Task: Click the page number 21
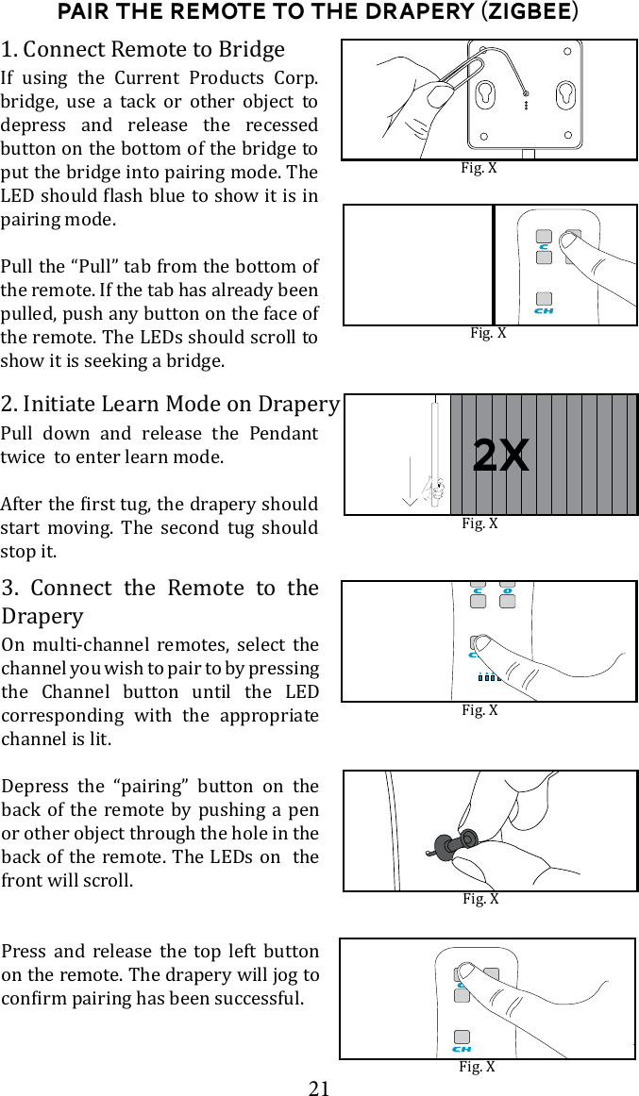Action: click(x=319, y=1088)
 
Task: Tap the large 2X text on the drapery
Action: click(x=500, y=457)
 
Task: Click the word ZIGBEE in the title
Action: click(x=529, y=12)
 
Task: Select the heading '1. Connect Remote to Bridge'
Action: click(x=143, y=49)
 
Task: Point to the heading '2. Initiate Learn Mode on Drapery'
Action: click(x=170, y=404)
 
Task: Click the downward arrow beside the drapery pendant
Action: click(x=409, y=472)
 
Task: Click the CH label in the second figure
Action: click(x=544, y=309)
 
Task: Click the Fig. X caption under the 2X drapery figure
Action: click(x=479, y=523)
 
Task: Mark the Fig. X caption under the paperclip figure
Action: click(x=478, y=168)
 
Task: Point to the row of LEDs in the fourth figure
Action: click(x=488, y=677)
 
